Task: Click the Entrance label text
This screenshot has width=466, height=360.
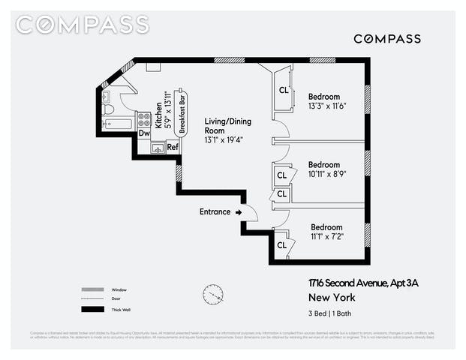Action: click(x=215, y=211)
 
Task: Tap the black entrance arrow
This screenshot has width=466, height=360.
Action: click(x=239, y=212)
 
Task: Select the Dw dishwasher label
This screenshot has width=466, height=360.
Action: click(x=144, y=133)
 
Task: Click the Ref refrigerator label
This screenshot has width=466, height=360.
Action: click(x=173, y=146)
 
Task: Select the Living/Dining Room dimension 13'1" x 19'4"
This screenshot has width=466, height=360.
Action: click(x=224, y=139)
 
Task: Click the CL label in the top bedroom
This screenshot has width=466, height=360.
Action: click(x=284, y=90)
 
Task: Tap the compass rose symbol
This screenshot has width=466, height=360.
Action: click(x=213, y=294)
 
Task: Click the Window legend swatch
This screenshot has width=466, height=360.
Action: click(x=92, y=289)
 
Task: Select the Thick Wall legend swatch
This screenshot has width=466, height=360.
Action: click(x=92, y=309)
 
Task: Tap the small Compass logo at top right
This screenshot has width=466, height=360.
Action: click(x=386, y=39)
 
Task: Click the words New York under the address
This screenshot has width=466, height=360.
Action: click(x=324, y=297)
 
